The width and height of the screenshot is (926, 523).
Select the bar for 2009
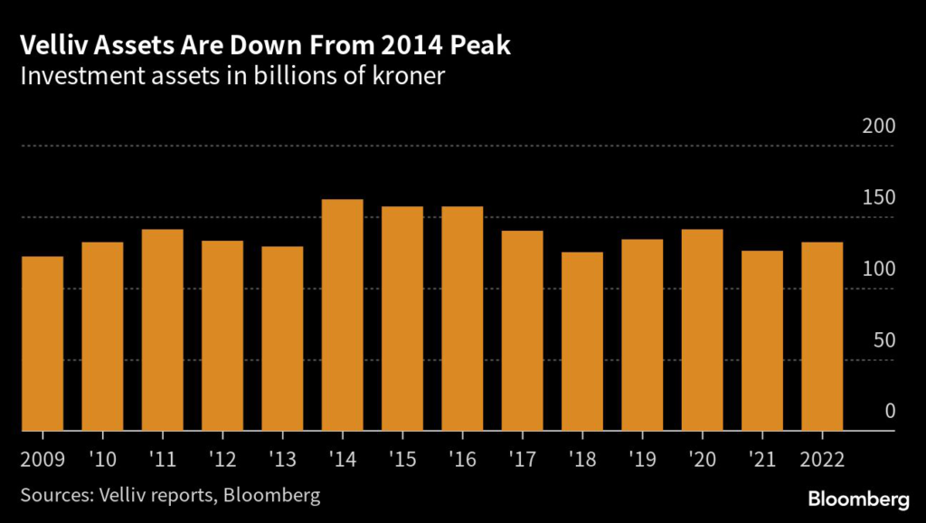[43, 344]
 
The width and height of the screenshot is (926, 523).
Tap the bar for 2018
[582, 341]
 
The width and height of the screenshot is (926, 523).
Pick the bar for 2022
[822, 337]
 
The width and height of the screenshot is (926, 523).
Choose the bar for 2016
[462, 319]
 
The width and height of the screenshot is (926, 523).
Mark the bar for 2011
[163, 330]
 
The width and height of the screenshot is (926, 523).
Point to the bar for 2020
[702, 330]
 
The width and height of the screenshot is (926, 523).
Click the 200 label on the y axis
[877, 127]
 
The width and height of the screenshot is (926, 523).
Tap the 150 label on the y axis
[877, 198]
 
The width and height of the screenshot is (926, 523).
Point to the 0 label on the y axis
[889, 412]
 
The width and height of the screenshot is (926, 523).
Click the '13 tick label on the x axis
[283, 458]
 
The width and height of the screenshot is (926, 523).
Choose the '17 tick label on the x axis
[523, 458]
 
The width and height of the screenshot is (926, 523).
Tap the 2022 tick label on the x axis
[822, 458]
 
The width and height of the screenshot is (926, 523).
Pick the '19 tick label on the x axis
[642, 458]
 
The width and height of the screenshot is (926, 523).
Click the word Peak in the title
[479, 45]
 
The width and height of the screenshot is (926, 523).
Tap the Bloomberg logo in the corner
[858, 499]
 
